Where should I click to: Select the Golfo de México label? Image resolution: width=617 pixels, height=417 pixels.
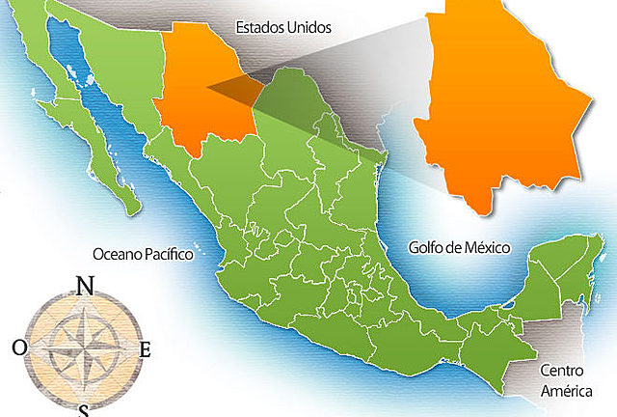pyautogui.click(x=460, y=248)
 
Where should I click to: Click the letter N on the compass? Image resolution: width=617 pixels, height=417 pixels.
pyautogui.click(x=85, y=285)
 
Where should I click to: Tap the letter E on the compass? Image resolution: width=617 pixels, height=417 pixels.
pyautogui.click(x=146, y=349)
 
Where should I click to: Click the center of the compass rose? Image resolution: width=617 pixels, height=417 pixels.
pyautogui.click(x=83, y=347)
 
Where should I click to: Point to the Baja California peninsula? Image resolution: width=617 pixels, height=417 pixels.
pyautogui.click(x=92, y=125)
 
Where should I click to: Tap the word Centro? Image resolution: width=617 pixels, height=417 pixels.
pyautogui.click(x=561, y=370)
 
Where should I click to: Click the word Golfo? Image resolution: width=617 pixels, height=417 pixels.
pyautogui.click(x=425, y=248)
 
